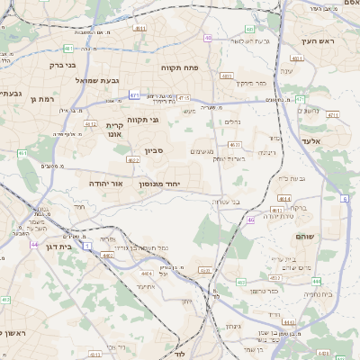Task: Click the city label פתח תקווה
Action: point(179,67)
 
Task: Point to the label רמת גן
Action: point(42,99)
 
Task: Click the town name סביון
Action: point(154,151)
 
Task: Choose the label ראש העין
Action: point(318,41)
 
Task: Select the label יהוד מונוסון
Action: point(160,183)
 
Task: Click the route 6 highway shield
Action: point(344,198)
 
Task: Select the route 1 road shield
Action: point(87,245)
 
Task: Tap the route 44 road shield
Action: point(33,244)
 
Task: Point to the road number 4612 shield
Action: point(90,124)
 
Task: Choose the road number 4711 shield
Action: point(333,115)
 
